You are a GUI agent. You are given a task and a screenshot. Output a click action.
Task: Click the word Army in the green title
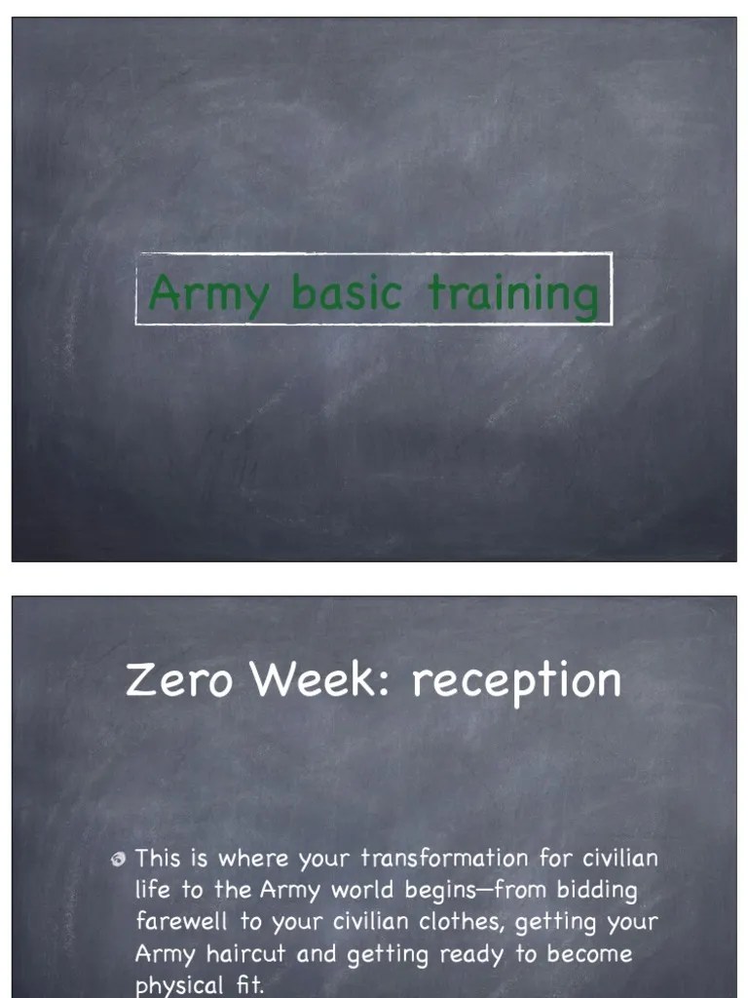coord(207,293)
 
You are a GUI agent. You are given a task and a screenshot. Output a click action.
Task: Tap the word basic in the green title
coord(347,291)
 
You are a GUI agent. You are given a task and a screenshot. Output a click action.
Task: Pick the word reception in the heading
coord(515,681)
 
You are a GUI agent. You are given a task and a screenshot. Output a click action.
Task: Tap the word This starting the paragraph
coord(159,859)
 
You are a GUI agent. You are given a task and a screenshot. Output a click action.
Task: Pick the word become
coord(588,954)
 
